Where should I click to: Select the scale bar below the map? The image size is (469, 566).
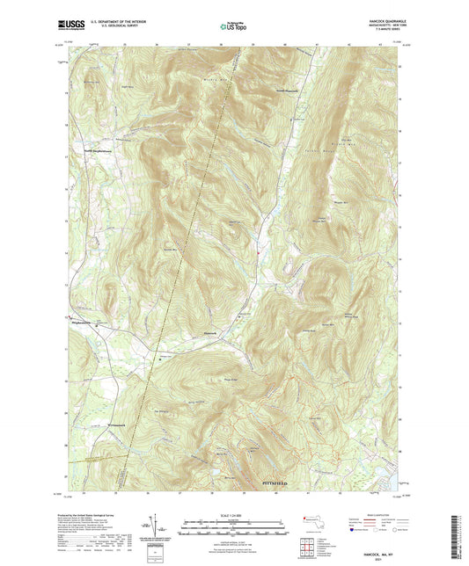pos(233,512)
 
